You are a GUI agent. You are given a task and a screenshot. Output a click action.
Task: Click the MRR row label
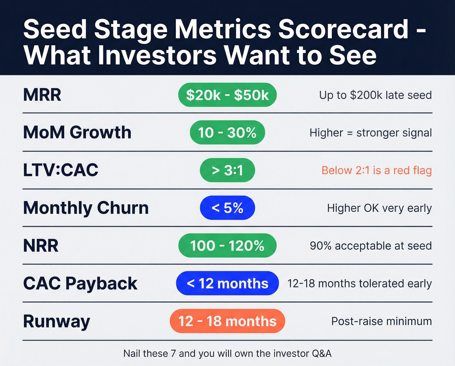(x=42, y=95)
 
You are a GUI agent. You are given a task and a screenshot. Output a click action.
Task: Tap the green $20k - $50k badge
(x=227, y=95)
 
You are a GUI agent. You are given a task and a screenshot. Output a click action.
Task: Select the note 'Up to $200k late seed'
(x=375, y=95)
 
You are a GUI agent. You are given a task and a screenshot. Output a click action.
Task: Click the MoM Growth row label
(x=77, y=133)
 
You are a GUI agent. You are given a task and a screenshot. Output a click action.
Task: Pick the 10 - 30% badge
(x=227, y=133)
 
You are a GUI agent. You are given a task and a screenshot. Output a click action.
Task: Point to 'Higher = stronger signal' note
(x=370, y=133)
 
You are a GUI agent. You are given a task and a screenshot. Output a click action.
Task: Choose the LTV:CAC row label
(x=61, y=170)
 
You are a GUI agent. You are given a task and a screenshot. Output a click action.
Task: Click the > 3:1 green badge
(x=227, y=170)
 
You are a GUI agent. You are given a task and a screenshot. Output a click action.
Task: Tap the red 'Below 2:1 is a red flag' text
(x=376, y=170)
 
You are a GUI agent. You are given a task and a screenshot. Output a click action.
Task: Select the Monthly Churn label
(x=86, y=208)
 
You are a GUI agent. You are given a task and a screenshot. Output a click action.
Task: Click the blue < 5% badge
(x=227, y=208)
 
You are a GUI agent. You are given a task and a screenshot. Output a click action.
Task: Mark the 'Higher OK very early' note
(x=379, y=208)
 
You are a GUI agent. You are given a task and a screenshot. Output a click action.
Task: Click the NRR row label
(x=41, y=246)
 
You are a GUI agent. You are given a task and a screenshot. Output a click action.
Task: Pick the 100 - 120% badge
(x=227, y=246)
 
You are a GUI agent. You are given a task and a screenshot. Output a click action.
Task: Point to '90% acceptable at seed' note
(x=370, y=246)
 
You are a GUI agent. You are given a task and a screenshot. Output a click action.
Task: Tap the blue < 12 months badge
(x=227, y=283)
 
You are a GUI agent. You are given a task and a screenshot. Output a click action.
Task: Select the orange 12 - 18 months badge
(x=227, y=321)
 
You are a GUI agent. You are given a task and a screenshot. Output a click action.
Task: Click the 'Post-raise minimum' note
(x=382, y=321)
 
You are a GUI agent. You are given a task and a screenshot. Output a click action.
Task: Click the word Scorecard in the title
(x=343, y=29)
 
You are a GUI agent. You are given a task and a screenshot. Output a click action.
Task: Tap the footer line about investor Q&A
(x=227, y=353)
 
